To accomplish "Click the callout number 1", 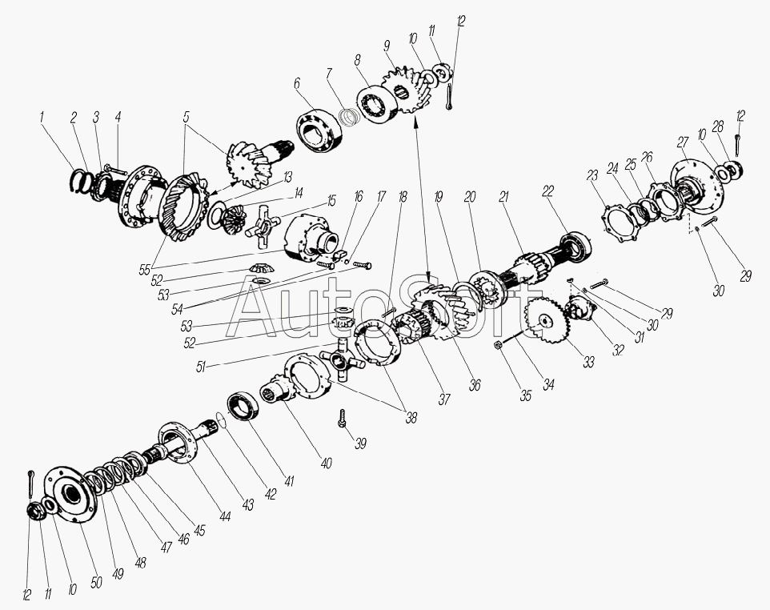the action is click(42, 118).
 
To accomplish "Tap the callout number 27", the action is click(682, 142).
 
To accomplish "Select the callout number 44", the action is click(225, 516).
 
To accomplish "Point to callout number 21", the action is click(503, 196).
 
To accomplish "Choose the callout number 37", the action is click(444, 399).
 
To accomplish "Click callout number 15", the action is click(331, 200).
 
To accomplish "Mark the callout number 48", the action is click(140, 562).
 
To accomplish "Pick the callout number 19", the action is click(439, 197).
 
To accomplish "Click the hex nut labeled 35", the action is click(496, 345).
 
